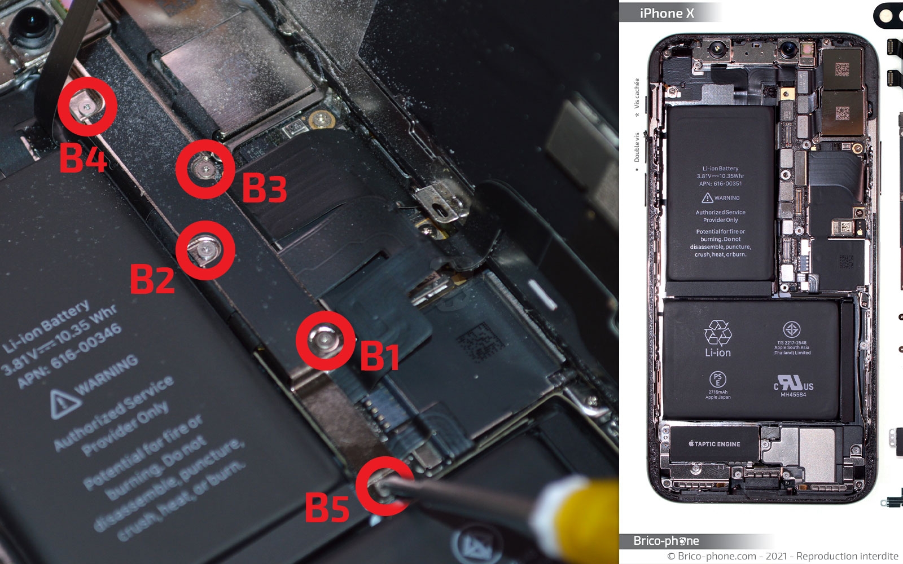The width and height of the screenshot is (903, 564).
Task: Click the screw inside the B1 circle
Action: tap(325, 340)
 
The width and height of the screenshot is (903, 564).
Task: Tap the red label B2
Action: tap(152, 279)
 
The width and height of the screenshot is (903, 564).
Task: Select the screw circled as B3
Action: tap(205, 168)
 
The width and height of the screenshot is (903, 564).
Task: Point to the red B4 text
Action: tap(83, 157)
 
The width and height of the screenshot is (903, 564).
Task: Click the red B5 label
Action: tap(327, 507)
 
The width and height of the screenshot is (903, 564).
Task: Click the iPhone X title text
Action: tap(667, 13)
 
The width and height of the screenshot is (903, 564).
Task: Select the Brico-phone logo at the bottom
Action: tap(666, 541)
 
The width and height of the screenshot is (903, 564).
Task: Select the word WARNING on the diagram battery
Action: tap(726, 198)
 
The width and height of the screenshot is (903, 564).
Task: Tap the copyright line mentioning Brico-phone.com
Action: tap(782, 556)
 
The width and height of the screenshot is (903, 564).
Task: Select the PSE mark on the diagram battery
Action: tap(717, 379)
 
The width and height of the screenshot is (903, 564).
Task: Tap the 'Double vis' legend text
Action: tap(637, 148)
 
